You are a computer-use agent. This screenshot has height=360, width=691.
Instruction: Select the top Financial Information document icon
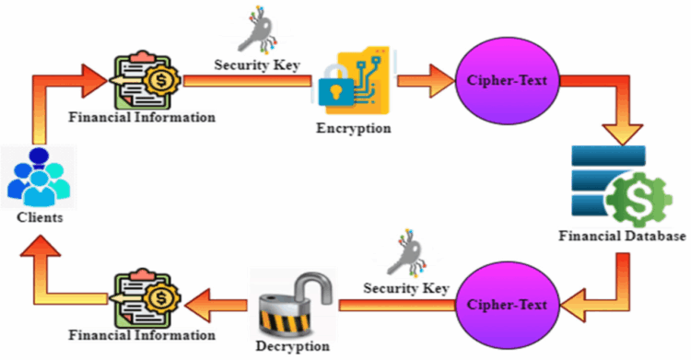[143, 81]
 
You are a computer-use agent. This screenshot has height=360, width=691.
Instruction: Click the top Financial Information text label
[142, 118]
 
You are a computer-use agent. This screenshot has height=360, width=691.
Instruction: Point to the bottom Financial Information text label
[142, 335]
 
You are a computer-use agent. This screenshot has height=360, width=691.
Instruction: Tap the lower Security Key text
[405, 288]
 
